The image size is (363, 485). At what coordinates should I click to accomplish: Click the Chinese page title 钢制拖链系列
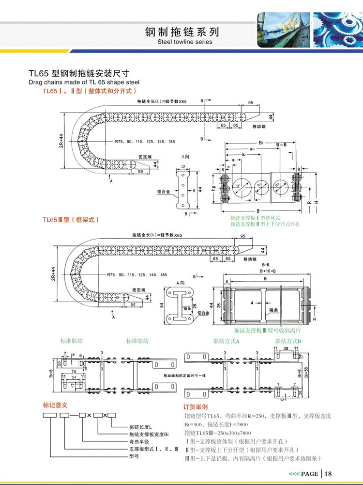tap(181, 32)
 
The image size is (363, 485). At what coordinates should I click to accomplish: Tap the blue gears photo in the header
tap(338, 29)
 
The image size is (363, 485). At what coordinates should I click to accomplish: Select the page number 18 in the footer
tap(328, 473)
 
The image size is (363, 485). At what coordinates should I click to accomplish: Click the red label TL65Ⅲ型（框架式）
tap(71, 220)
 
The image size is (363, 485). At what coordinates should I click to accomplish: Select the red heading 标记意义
tap(54, 404)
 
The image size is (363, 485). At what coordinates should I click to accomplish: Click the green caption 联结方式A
tap(227, 341)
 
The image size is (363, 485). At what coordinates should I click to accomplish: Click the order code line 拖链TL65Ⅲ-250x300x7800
tap(218, 433)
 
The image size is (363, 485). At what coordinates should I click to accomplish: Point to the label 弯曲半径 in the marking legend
tap(139, 442)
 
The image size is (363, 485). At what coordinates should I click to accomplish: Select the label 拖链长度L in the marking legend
tap(141, 427)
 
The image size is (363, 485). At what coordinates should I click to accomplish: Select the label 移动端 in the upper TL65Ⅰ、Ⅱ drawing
tap(259, 126)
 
